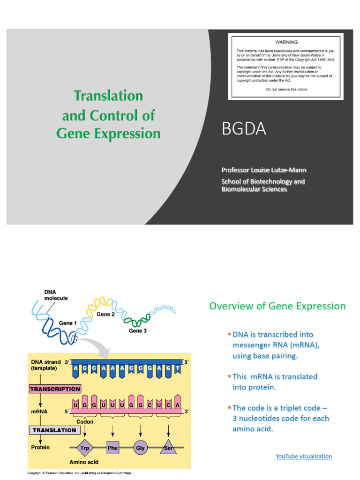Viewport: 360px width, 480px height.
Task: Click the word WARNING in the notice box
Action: [x=286, y=42]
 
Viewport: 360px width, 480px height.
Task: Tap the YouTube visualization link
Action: [x=304, y=456]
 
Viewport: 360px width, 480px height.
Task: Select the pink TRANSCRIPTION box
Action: [x=55, y=389]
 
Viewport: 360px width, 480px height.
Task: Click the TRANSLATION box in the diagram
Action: [x=54, y=430]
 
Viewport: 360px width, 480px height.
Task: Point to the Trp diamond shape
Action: [x=85, y=448]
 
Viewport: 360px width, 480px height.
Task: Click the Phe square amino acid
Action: [x=112, y=448]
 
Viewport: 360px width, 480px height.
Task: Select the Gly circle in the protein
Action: [x=140, y=448]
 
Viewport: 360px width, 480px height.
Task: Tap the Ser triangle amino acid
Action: [x=168, y=447]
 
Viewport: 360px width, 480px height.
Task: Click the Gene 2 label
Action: [x=105, y=315]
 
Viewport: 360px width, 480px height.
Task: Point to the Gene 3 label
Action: [x=138, y=331]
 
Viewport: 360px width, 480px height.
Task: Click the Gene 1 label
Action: [x=66, y=323]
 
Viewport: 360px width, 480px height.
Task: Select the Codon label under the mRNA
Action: [x=85, y=421]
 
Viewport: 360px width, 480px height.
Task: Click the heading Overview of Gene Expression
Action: [x=277, y=306]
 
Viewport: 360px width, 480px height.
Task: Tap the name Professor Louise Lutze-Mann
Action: [x=264, y=170]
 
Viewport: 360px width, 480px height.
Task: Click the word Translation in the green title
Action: [x=108, y=96]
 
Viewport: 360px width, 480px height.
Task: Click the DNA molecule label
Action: [x=56, y=295]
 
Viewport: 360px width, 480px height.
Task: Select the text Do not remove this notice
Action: [x=286, y=89]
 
